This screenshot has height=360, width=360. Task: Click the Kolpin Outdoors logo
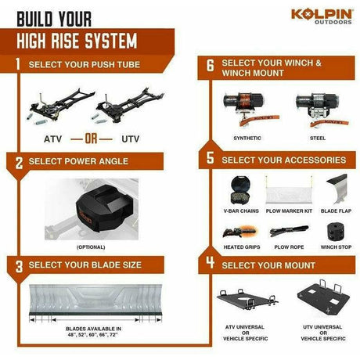tap(322, 16)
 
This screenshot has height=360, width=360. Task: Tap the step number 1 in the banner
tap(17, 64)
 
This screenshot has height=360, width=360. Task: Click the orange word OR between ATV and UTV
tap(91, 139)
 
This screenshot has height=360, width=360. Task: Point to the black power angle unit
tap(104, 208)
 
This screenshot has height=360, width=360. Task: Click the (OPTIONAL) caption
tap(91, 247)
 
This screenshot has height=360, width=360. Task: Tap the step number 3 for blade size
tap(19, 267)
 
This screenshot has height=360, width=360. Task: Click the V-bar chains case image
tap(240, 190)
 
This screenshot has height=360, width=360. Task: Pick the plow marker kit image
tap(289, 191)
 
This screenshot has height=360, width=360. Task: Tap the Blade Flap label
tap(336, 211)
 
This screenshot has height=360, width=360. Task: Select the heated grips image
tap(240, 232)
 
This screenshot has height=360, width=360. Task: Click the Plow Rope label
tap(289, 247)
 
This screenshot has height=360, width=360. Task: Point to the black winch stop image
tap(336, 232)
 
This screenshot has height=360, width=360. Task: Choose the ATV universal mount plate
tap(247, 300)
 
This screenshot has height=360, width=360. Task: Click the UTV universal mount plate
tap(323, 298)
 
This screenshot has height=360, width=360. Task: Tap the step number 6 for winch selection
tap(211, 65)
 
